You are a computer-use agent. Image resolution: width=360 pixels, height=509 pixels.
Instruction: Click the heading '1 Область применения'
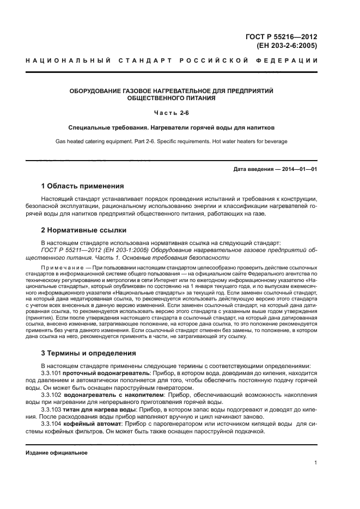(x=82, y=186)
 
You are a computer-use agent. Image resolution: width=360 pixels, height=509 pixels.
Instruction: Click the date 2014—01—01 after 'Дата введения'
(x=299, y=169)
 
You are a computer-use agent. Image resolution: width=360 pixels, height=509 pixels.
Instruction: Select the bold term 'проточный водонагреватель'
(x=104, y=374)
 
